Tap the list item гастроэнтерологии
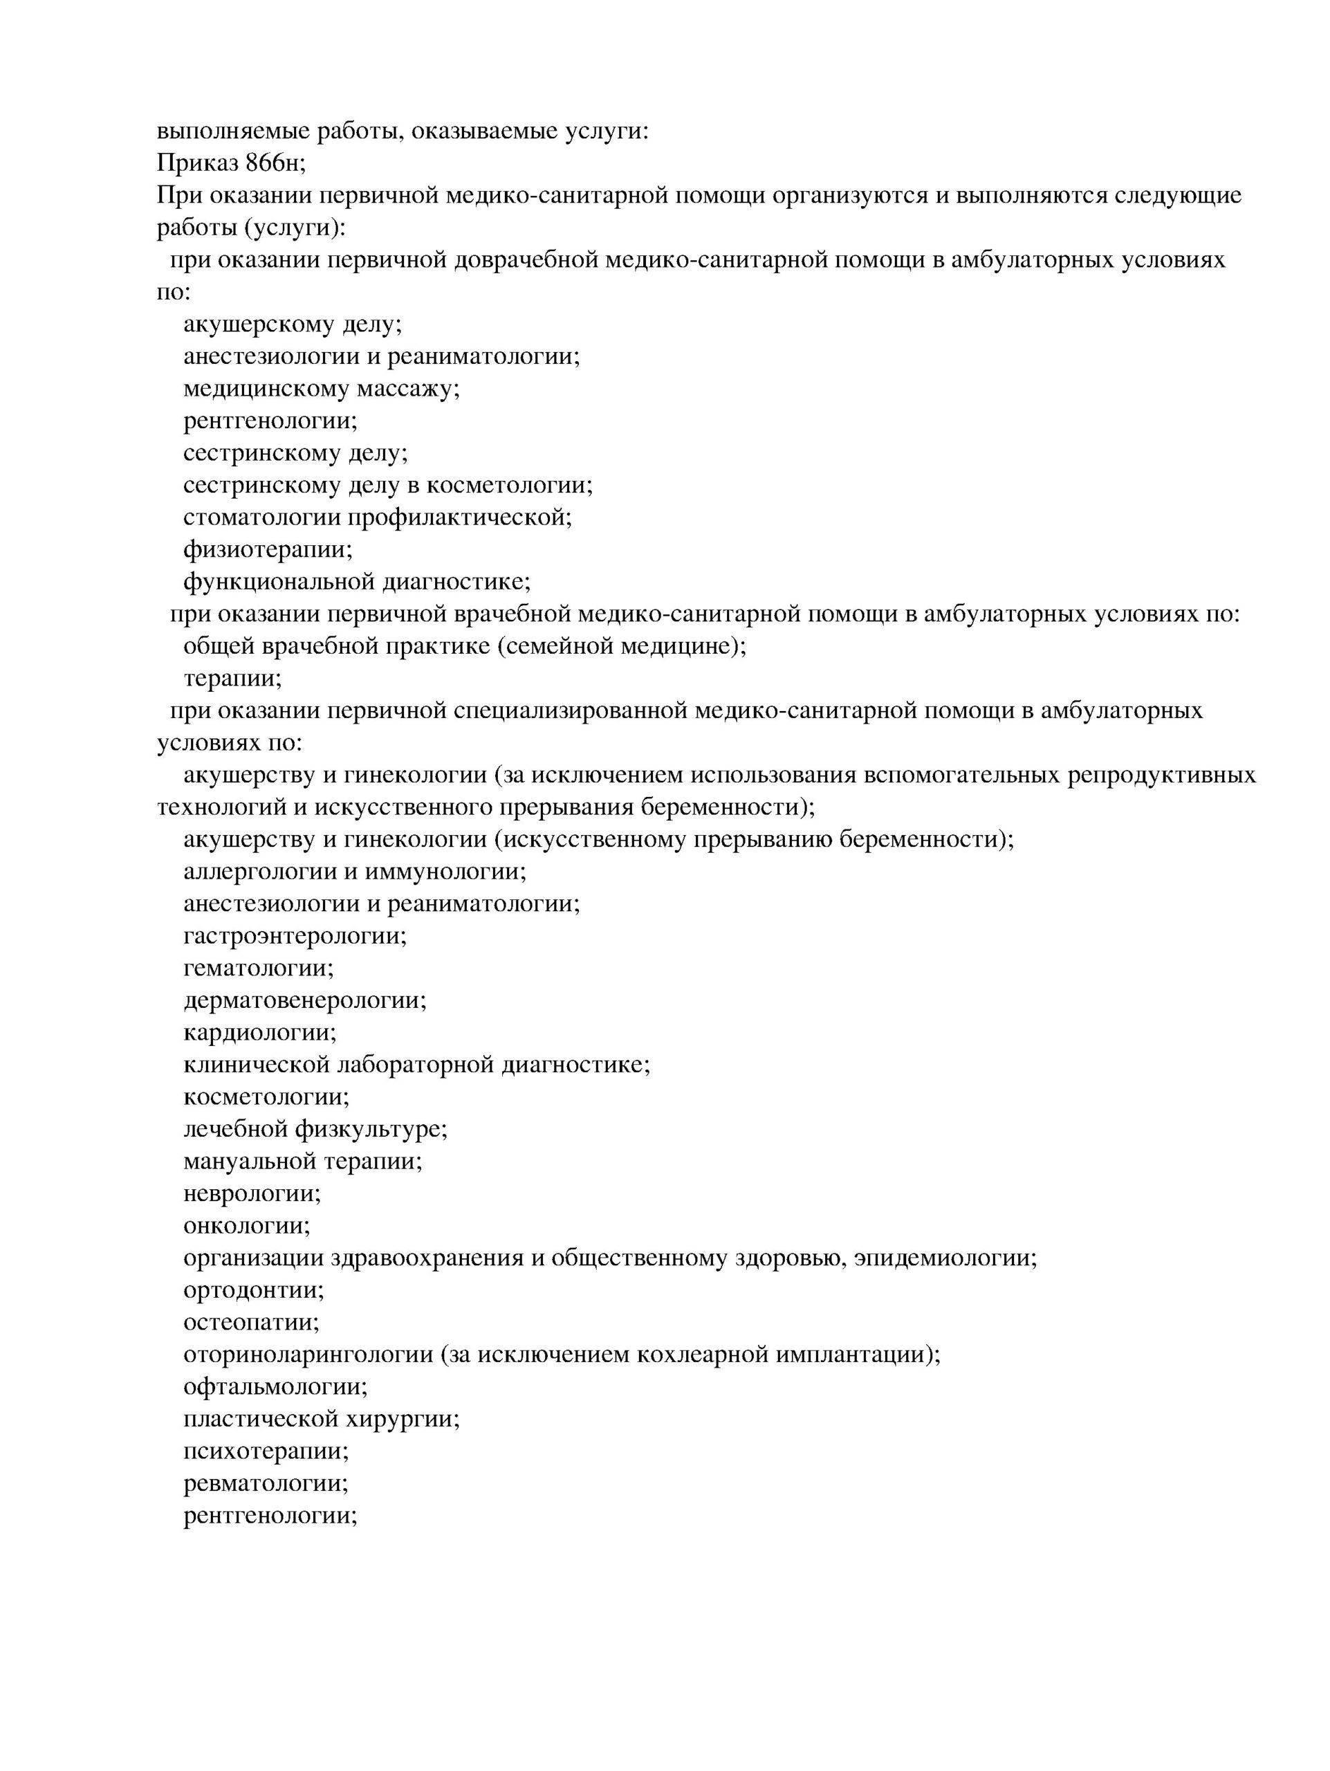click(295, 936)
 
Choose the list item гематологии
click(259, 968)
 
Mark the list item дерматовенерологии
click(305, 1001)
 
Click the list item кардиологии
click(260, 1033)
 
